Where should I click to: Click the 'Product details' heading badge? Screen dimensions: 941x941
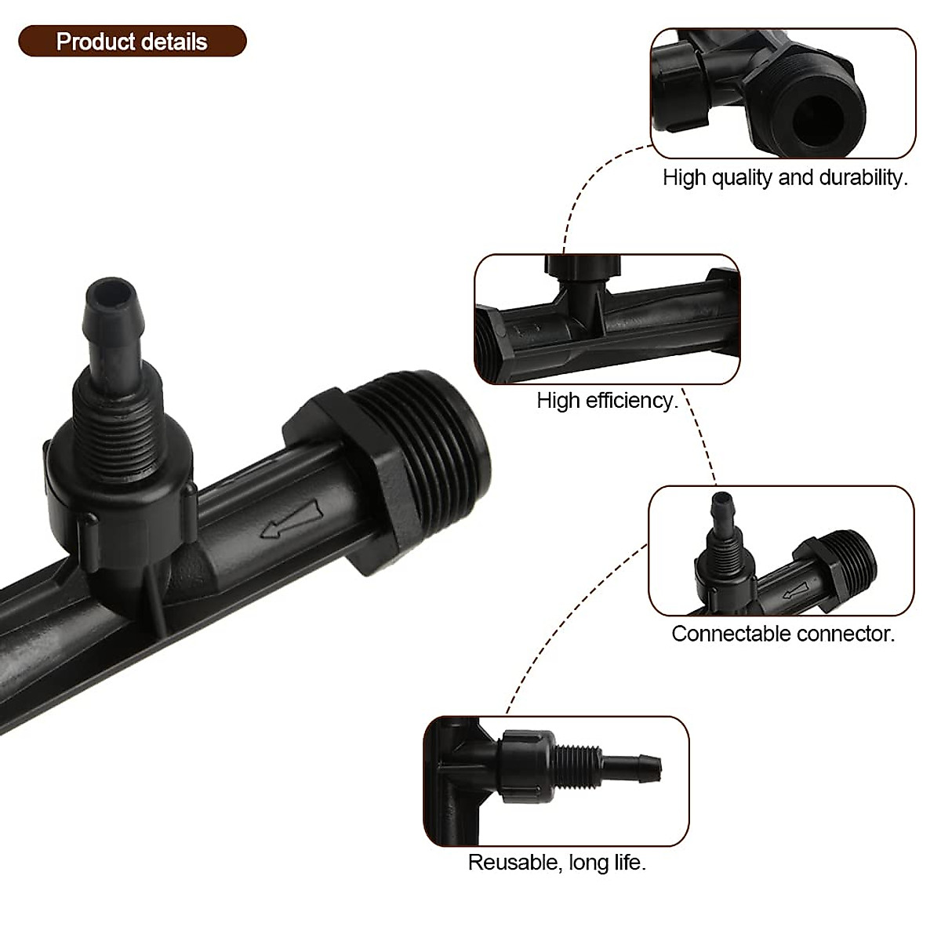[132, 42]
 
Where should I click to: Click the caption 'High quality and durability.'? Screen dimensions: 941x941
[785, 177]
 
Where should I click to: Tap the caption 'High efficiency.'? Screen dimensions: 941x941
[607, 401]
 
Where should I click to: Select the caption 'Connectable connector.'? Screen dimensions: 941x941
[783, 634]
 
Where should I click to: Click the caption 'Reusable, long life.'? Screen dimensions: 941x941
[557, 863]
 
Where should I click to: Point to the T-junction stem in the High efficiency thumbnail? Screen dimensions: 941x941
[580, 302]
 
